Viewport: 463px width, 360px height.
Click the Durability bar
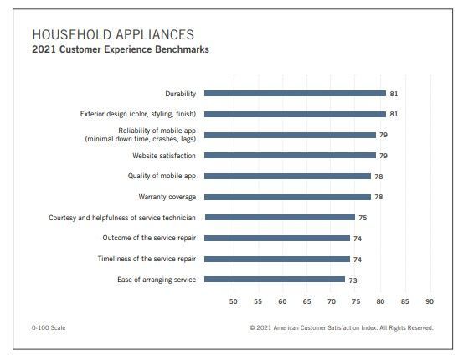click(x=295, y=93)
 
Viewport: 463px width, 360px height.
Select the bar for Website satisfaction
click(x=290, y=156)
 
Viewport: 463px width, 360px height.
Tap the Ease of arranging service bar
click(x=275, y=280)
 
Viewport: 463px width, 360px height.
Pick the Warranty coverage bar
click(x=287, y=197)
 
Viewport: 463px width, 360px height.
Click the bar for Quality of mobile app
click(x=287, y=177)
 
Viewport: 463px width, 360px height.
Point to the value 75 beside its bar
click(x=363, y=218)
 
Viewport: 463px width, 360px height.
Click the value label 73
click(x=352, y=280)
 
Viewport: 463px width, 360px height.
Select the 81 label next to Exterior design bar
click(x=394, y=114)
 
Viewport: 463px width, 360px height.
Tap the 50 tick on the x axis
click(x=234, y=301)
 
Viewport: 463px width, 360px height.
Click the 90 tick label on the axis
click(x=430, y=301)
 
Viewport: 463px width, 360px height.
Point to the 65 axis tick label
click(x=306, y=301)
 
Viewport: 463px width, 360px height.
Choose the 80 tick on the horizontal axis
click(x=380, y=301)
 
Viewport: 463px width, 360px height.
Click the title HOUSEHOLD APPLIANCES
click(x=113, y=34)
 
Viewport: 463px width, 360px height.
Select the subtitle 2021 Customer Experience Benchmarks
click(x=121, y=49)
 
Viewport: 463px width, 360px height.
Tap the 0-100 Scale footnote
click(x=49, y=328)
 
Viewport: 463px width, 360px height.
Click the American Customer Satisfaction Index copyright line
click(x=342, y=328)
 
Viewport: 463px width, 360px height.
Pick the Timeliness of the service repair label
click(x=147, y=259)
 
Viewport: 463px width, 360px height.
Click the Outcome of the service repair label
click(x=149, y=238)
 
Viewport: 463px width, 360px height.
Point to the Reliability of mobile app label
click(x=141, y=135)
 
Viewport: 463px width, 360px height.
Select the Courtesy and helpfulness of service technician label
click(x=122, y=218)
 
